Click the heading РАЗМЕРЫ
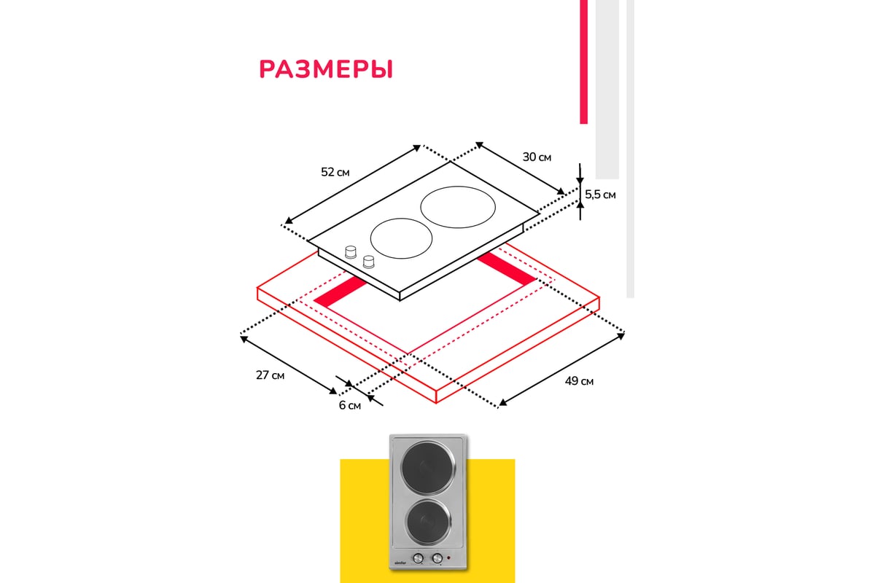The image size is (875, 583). [326, 69]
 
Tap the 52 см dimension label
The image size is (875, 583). [335, 173]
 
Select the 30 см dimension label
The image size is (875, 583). [537, 157]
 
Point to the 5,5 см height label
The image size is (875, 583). [600, 195]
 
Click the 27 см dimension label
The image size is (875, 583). [270, 375]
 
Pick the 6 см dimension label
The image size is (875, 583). [349, 406]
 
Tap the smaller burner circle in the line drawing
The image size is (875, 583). [401, 238]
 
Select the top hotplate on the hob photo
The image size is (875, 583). [427, 465]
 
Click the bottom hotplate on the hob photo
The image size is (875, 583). [427, 522]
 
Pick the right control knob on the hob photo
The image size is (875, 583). [436, 559]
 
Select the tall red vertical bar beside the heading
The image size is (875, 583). [583, 62]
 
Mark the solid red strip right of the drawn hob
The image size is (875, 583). [510, 267]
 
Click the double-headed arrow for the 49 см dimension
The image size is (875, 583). [561, 369]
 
